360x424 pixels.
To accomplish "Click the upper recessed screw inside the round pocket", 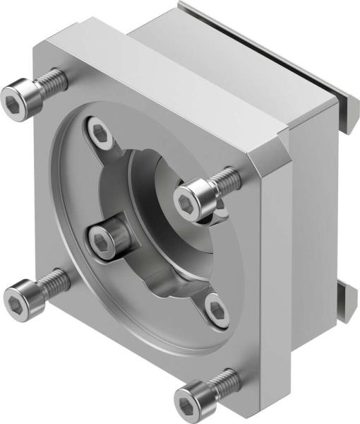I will [99, 131].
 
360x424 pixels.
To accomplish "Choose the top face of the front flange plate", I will [162, 78].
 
